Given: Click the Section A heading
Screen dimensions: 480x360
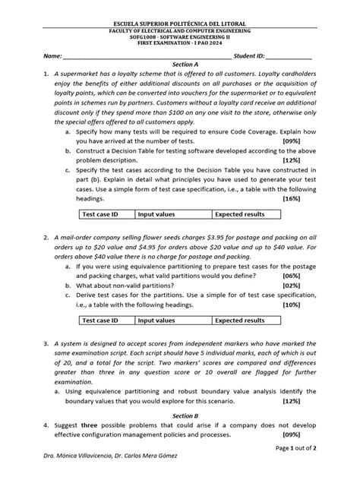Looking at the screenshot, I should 185,65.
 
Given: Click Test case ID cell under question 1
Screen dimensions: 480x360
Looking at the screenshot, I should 100,215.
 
